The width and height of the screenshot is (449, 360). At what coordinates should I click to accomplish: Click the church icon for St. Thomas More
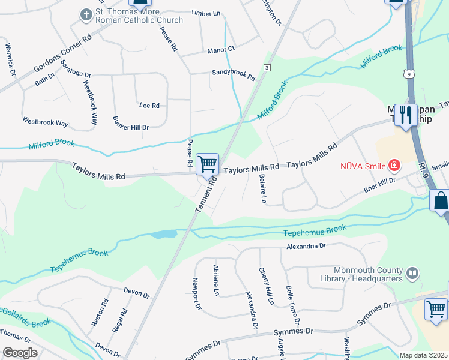[x=86, y=14]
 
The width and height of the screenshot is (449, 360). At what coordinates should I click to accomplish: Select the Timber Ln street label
[x=205, y=12]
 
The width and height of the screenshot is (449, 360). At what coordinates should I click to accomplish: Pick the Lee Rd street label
[x=149, y=106]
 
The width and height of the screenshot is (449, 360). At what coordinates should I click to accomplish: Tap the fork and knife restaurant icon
[x=406, y=115]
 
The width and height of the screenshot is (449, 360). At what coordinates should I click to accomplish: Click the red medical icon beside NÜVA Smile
[x=394, y=164]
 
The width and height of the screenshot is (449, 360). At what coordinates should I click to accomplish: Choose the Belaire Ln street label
[x=263, y=190]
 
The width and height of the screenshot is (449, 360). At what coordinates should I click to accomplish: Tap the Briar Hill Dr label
[x=380, y=185]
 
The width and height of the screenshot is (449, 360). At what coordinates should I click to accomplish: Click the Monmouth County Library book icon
[x=412, y=274]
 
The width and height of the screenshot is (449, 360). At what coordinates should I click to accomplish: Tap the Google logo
[x=20, y=352]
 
